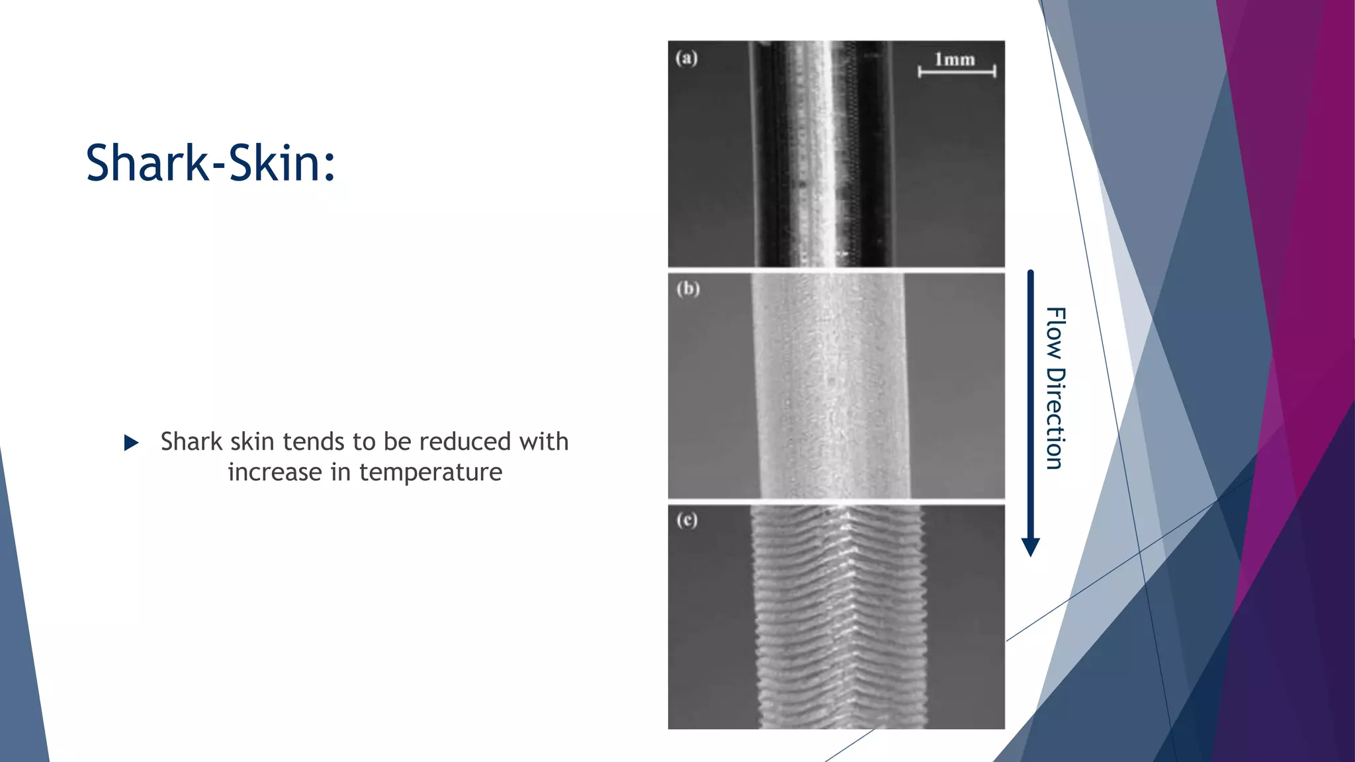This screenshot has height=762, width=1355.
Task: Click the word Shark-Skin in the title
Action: [210, 163]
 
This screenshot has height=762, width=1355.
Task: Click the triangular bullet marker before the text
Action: [131, 443]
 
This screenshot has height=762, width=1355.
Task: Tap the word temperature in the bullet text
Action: [431, 472]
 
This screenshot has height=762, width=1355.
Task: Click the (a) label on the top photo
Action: [687, 58]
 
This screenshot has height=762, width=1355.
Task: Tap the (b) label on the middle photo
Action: [688, 289]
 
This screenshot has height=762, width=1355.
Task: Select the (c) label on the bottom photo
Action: [687, 520]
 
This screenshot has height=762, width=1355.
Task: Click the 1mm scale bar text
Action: [955, 60]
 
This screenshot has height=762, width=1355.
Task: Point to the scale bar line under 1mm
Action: [957, 71]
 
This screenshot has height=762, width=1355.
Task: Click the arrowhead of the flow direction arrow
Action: [1030, 547]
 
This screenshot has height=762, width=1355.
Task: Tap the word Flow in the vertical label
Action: [1055, 333]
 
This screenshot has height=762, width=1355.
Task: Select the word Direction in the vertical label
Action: [1055, 419]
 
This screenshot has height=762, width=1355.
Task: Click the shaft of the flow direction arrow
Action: [1030, 397]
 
